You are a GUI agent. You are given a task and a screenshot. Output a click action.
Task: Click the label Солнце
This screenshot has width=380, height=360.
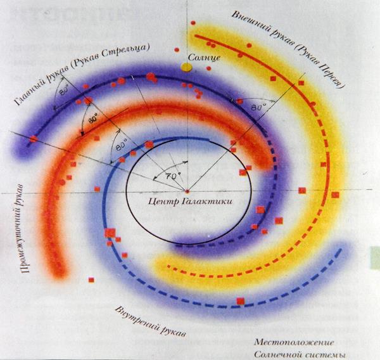pyautogui.click(x=204, y=58)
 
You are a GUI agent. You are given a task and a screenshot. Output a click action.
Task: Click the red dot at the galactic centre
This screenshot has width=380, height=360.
pyautogui.click(x=187, y=190)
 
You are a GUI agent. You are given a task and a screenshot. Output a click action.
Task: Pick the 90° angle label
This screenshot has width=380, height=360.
pyautogui.click(x=94, y=119)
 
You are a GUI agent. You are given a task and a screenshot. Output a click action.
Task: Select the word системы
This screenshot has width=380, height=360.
pyautogui.click(x=327, y=353)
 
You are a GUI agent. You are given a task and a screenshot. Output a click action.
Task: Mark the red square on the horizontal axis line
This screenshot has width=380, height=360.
pyautogui.click(x=302, y=190)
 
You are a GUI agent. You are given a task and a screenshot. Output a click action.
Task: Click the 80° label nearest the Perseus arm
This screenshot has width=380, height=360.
pyautogui.click(x=256, y=107)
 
